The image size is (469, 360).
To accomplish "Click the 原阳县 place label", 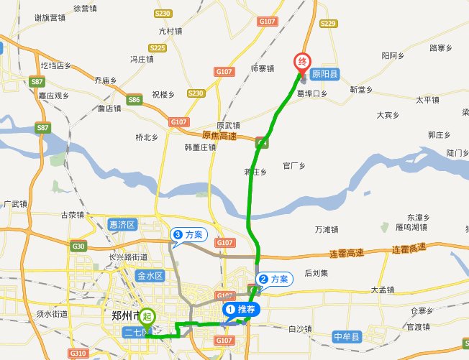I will [329, 72].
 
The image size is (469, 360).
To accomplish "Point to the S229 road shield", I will [327, 23].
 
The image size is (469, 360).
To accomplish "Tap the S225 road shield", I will [178, 48].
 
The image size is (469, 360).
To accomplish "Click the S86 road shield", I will [133, 100].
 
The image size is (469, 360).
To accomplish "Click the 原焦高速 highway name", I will [220, 135].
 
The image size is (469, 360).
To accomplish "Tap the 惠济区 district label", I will [122, 224].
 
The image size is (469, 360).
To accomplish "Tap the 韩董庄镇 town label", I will [199, 147].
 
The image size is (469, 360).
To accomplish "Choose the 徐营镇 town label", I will [85, 8].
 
